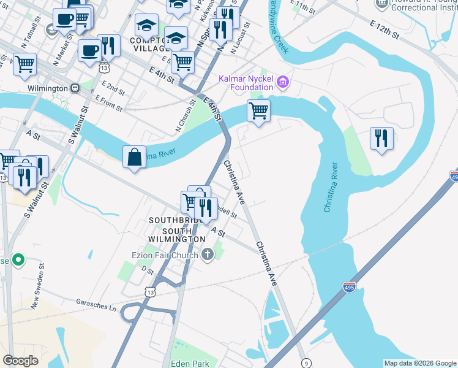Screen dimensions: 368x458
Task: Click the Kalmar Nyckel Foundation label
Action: point(246,83)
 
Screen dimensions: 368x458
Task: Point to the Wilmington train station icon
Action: point(75,88)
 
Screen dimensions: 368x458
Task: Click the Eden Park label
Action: point(190,363)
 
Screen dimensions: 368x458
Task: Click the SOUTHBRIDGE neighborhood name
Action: point(173,220)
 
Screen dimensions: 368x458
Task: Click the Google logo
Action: point(20,361)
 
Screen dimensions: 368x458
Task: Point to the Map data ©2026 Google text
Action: point(419,363)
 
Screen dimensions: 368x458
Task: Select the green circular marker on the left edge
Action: point(18,261)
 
